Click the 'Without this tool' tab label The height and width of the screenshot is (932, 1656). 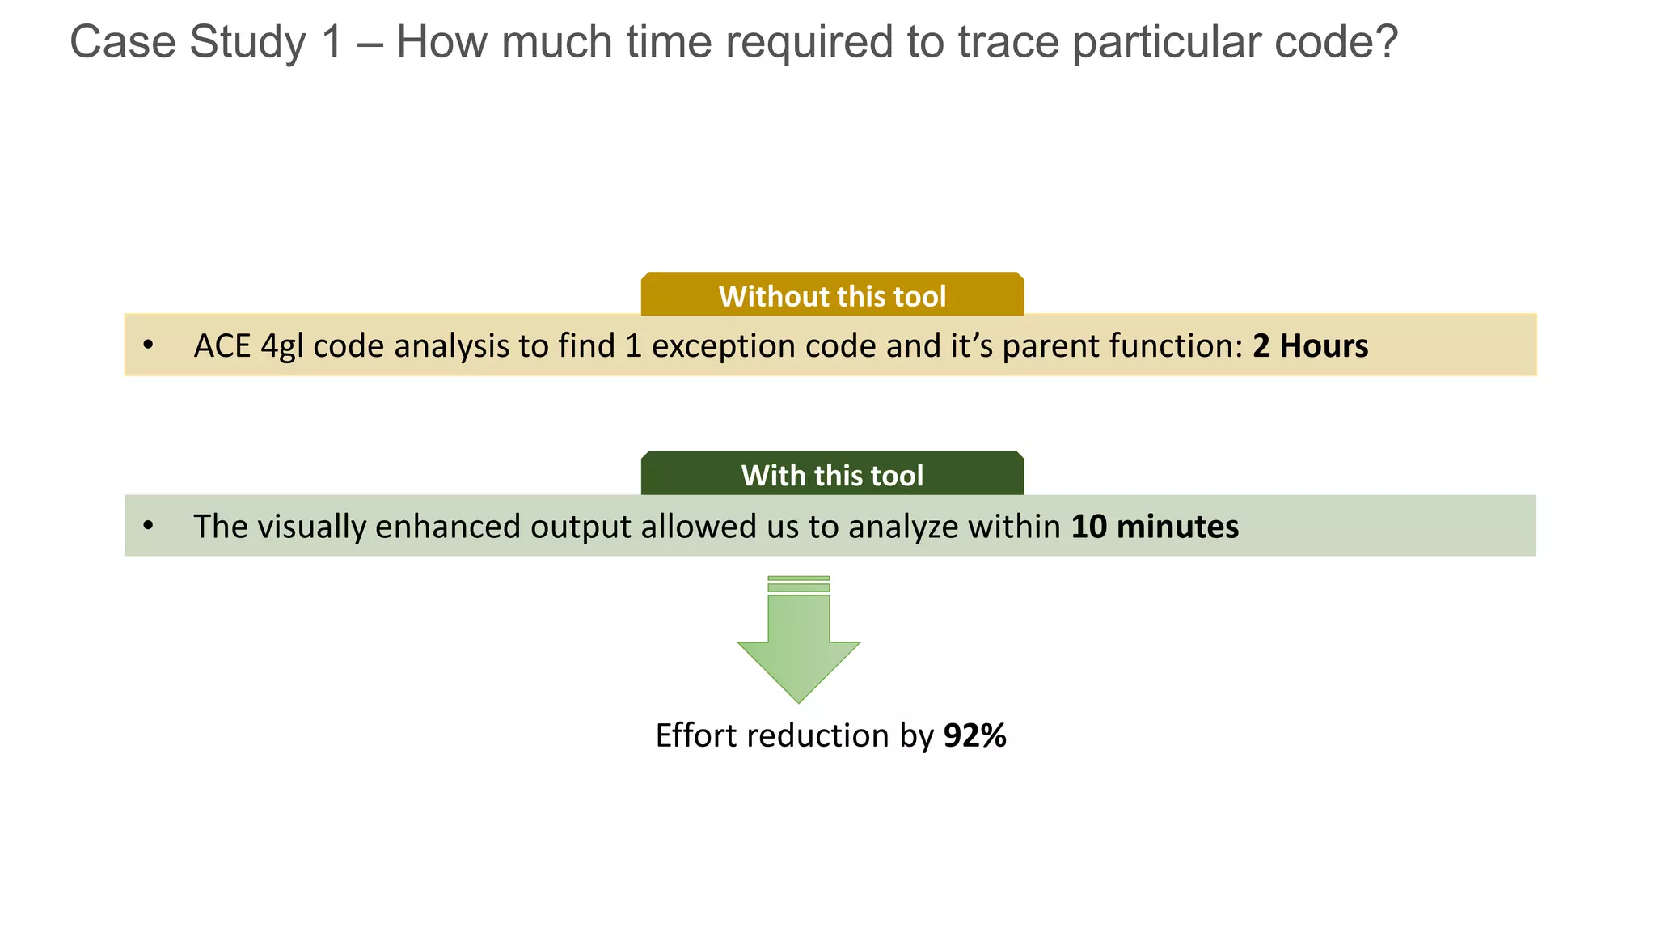[832, 296]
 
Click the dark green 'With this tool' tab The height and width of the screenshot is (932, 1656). [832, 475]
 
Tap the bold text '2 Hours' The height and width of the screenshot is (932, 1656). [1310, 346]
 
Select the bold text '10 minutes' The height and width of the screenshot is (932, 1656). [1155, 527]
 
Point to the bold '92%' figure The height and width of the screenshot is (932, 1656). [974, 736]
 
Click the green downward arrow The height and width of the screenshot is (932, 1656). [798, 647]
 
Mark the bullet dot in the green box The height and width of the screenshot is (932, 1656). [148, 527]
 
